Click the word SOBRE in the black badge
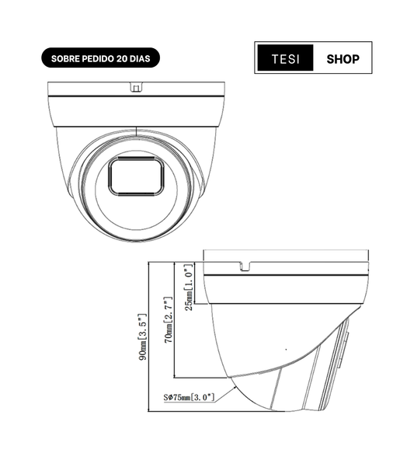point(65,58)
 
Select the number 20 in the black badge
point(123,58)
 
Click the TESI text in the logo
point(284,58)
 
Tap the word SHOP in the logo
point(343,58)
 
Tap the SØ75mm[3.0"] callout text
point(190,398)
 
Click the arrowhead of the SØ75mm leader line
point(235,382)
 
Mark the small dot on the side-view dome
point(286,349)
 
